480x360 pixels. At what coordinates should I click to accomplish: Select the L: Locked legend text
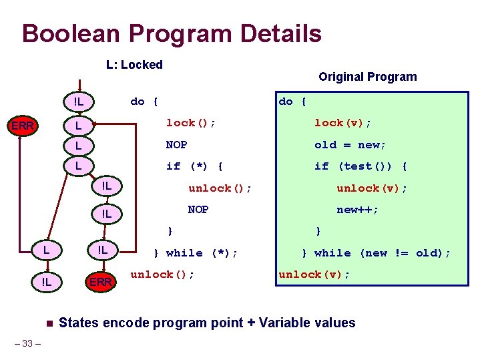[x=134, y=65]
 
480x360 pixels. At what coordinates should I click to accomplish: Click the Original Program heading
[x=367, y=77]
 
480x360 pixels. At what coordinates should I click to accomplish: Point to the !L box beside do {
[x=78, y=102]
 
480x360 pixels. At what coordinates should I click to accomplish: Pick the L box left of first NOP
[x=78, y=145]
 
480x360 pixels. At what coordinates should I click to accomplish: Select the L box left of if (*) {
[x=78, y=165]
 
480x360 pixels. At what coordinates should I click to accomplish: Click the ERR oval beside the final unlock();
[x=100, y=282]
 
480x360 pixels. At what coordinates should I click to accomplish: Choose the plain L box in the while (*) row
[x=45, y=250]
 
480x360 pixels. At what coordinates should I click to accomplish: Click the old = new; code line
[x=350, y=145]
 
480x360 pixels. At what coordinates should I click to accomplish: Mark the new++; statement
[x=357, y=210]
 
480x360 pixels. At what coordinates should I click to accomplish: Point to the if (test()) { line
[x=361, y=166]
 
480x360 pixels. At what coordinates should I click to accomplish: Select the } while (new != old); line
[x=376, y=253]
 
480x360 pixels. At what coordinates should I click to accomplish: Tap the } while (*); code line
[x=196, y=253]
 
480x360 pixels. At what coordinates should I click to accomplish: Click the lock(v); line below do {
[x=342, y=123]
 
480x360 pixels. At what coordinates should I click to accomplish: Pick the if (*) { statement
[x=194, y=166]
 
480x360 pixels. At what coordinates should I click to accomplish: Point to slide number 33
[x=28, y=344]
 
